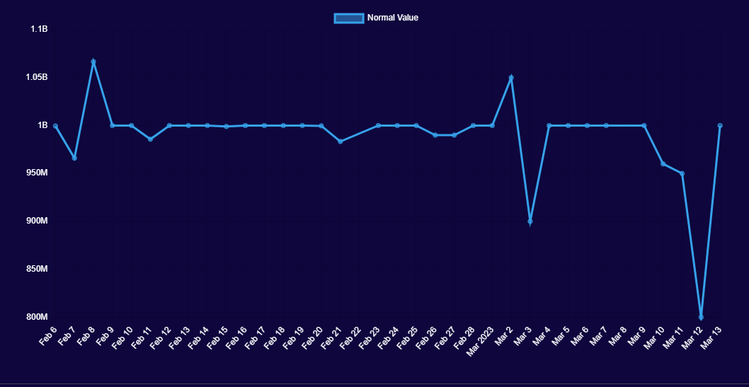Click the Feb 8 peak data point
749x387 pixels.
(x=93, y=62)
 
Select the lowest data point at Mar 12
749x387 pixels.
(x=701, y=317)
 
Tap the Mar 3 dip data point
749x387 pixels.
(x=530, y=221)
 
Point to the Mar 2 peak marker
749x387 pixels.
(x=511, y=78)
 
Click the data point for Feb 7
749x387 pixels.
(x=74, y=158)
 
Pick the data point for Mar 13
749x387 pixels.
(x=720, y=125)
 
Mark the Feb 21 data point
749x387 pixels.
(x=340, y=141)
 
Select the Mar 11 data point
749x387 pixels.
(x=682, y=173)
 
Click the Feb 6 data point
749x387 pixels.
(x=55, y=126)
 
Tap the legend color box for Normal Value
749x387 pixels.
(x=348, y=18)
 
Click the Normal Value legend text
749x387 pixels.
(x=393, y=18)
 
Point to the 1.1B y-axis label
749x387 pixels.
(x=39, y=29)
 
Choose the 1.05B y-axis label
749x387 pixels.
(x=37, y=77)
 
